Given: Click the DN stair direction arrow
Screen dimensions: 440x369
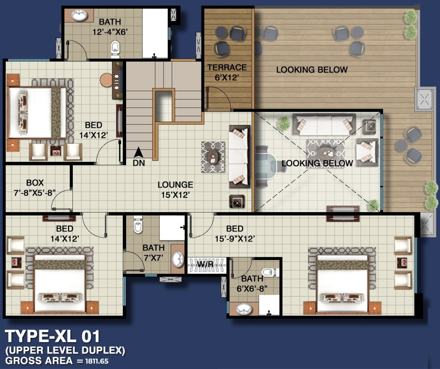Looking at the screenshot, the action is pyautogui.click(x=139, y=152).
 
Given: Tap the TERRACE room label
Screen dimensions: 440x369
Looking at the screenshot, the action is pyautogui.click(x=227, y=67).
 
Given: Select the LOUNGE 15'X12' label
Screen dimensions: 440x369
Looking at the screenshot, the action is pyautogui.click(x=175, y=190).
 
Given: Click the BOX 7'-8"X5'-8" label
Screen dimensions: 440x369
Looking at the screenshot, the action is pyautogui.click(x=35, y=188).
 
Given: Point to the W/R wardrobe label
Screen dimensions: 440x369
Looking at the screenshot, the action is pyautogui.click(x=206, y=264).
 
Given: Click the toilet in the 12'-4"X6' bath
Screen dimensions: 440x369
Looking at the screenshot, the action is pyautogui.click(x=115, y=50).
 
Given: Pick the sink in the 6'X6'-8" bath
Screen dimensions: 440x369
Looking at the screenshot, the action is pyautogui.click(x=244, y=309).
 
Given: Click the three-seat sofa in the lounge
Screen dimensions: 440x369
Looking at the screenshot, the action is pyautogui.click(x=240, y=156).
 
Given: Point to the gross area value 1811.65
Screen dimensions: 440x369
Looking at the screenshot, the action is pyautogui.click(x=97, y=361).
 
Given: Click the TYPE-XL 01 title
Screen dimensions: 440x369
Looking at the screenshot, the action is pyautogui.click(x=52, y=336).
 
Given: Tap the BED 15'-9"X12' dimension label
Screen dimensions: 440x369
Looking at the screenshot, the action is pyautogui.click(x=235, y=234).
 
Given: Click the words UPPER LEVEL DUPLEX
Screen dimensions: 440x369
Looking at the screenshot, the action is pyautogui.click(x=65, y=351).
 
